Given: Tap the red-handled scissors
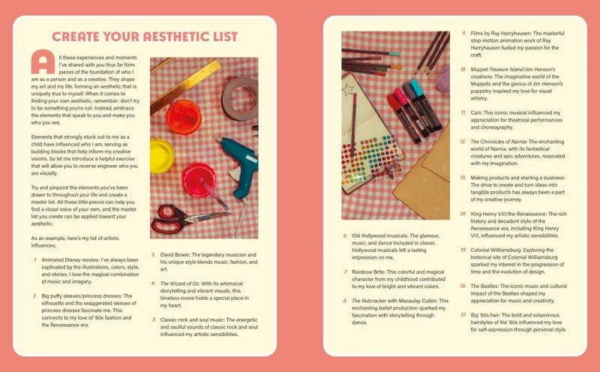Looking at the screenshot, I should tap(180, 218).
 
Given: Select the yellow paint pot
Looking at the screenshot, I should tap(161, 155).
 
